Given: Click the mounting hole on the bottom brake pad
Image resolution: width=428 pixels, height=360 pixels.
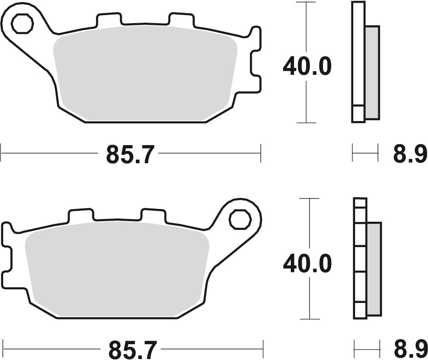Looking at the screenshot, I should (x=240, y=220).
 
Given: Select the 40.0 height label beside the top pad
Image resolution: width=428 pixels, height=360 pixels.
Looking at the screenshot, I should (x=307, y=67).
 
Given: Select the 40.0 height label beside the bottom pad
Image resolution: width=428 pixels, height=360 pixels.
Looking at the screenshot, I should (x=308, y=264).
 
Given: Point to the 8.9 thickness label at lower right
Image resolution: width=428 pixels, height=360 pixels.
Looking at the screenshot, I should (x=410, y=350).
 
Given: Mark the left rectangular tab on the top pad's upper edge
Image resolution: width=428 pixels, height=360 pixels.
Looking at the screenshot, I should (x=109, y=19).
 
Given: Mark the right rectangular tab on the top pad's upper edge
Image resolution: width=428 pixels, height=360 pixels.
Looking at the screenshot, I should (x=181, y=19).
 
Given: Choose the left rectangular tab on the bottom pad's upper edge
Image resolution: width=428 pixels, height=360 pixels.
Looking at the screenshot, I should (x=81, y=215).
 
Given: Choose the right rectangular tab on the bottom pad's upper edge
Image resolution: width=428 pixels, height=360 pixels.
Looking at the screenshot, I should (x=153, y=215).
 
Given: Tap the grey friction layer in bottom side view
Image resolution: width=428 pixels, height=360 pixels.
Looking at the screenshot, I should (x=374, y=269).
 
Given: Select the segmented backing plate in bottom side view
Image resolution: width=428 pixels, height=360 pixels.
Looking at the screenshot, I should (x=361, y=258).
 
